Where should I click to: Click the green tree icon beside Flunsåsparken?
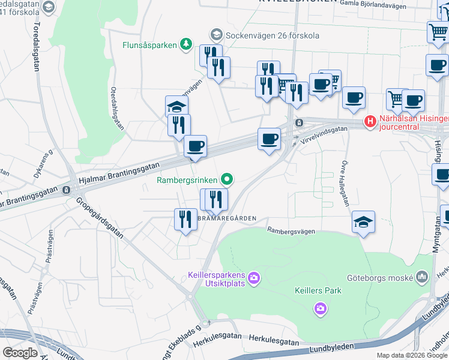(186, 44)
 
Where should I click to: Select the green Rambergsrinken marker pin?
(227, 178)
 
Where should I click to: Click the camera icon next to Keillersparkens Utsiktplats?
(254, 277)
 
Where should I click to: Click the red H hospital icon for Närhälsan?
(370, 122)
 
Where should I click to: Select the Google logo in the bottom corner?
(20, 353)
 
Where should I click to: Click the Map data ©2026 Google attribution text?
(412, 355)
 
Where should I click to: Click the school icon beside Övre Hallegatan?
(364, 222)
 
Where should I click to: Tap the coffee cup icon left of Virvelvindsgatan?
(269, 139)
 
